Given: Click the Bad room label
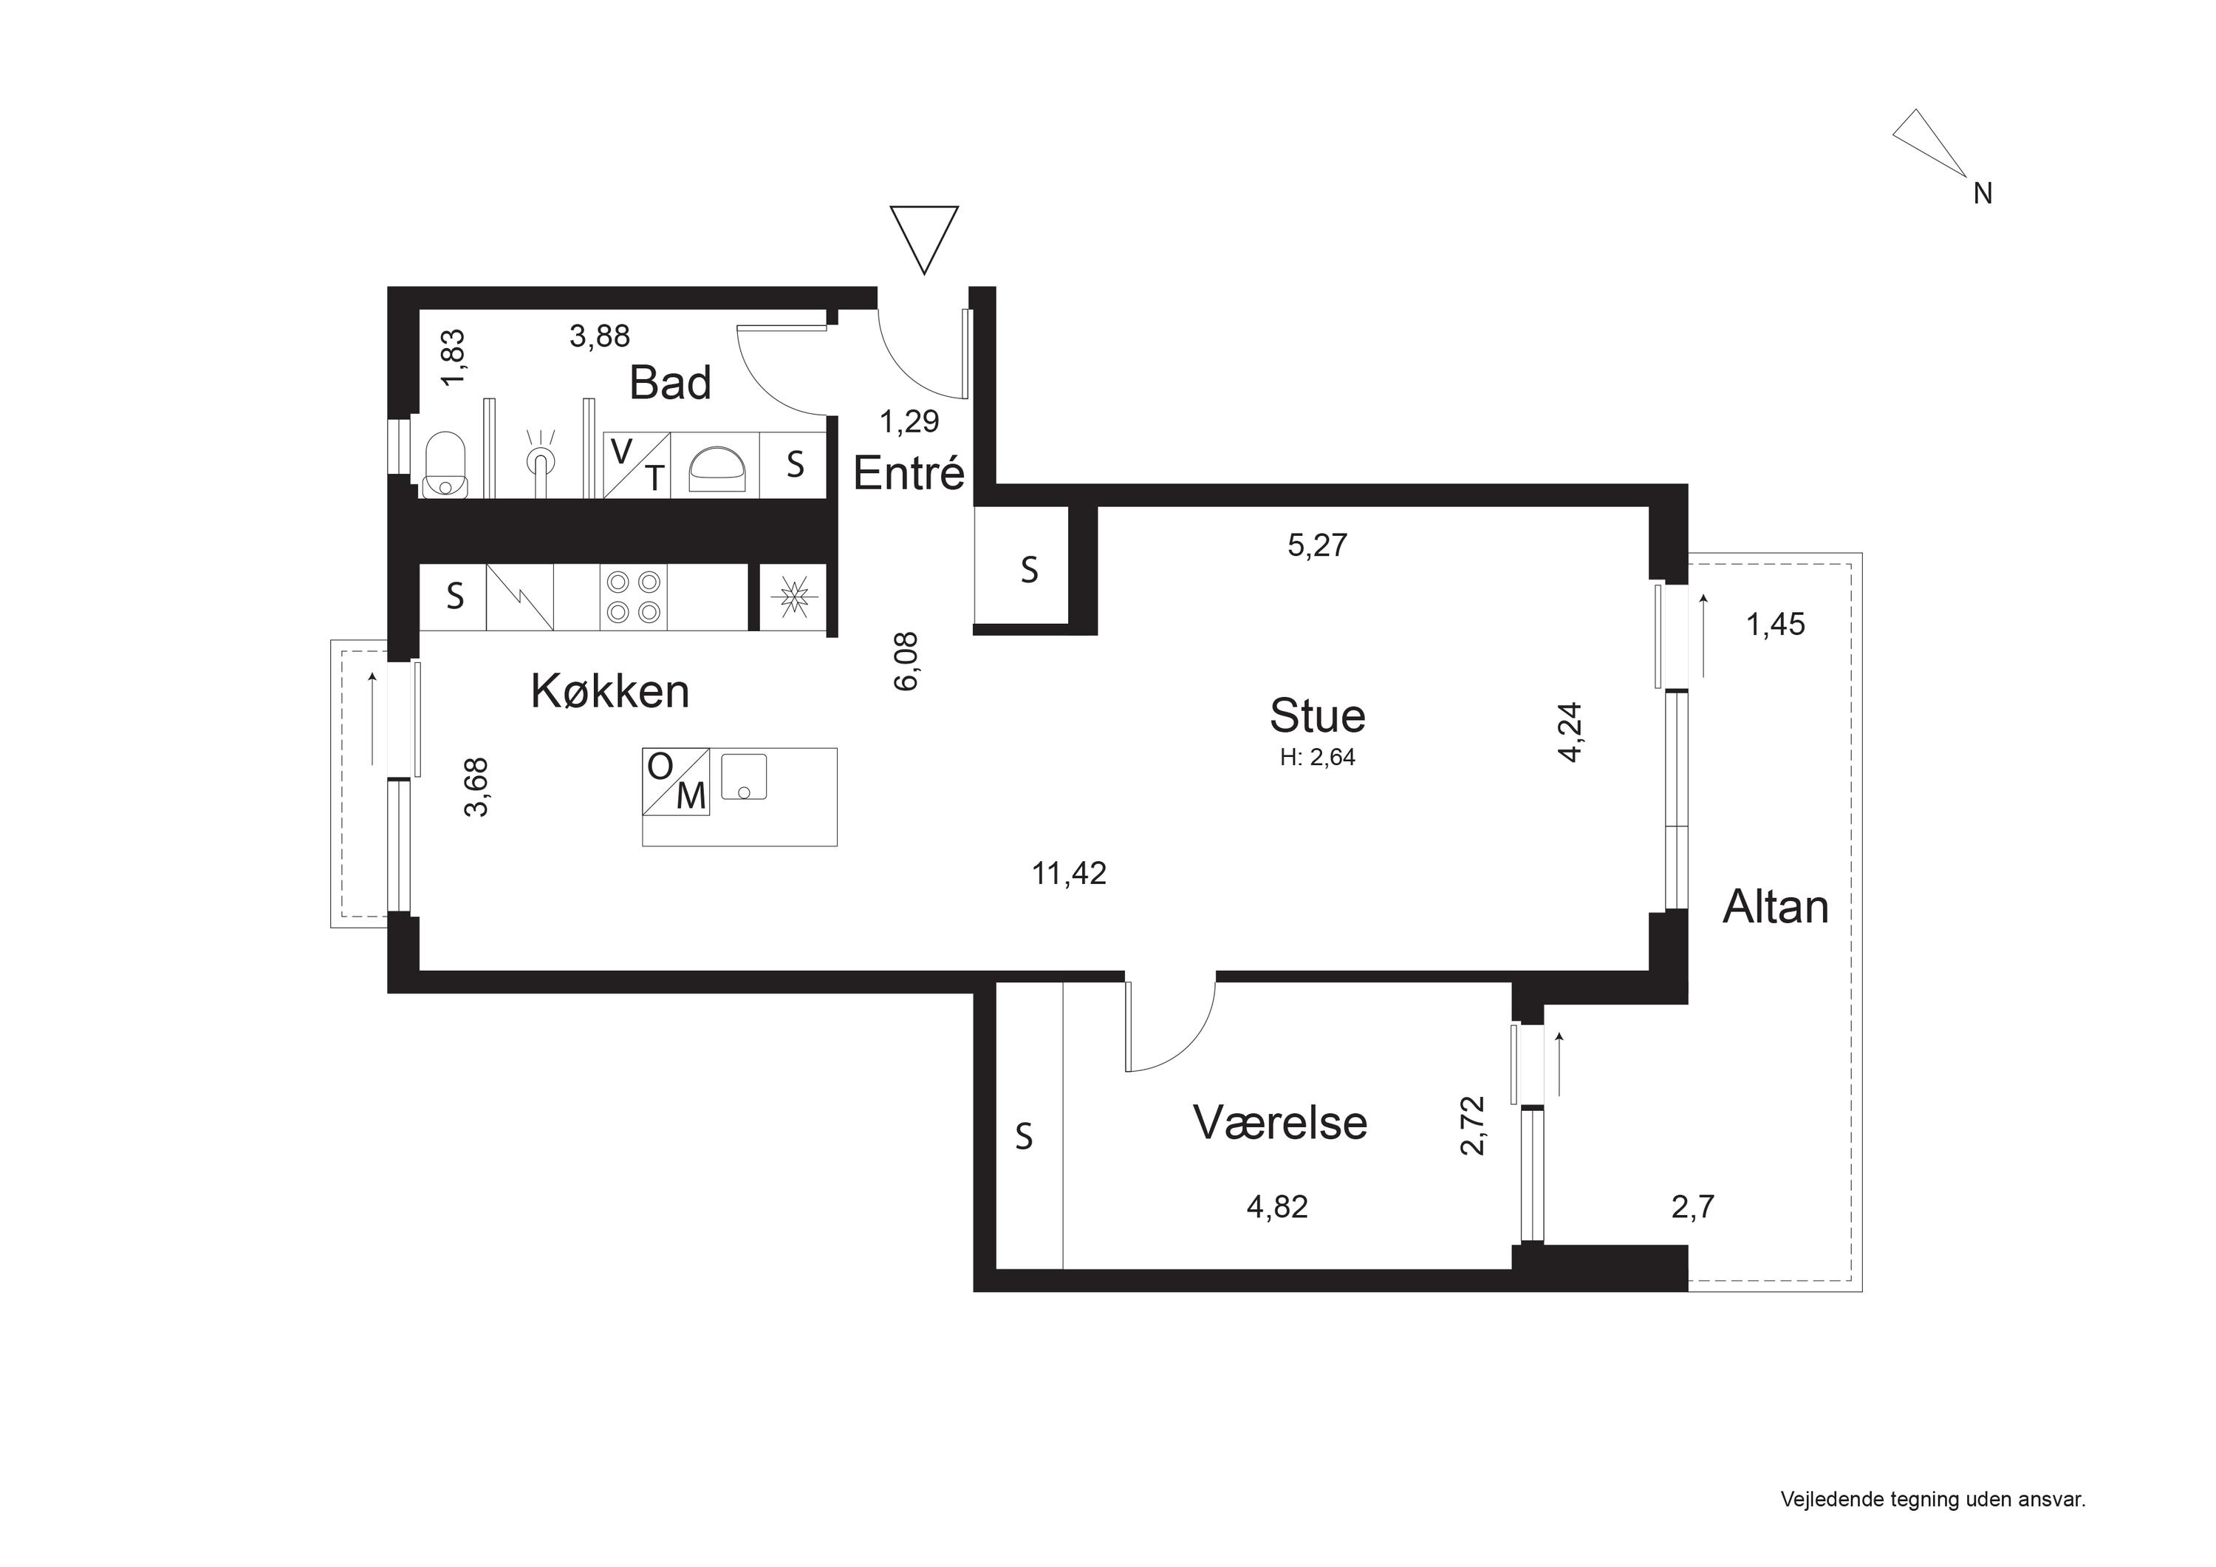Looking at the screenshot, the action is pos(670,384).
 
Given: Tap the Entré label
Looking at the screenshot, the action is pos(909,473).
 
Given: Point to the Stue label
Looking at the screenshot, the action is pos(1318,716).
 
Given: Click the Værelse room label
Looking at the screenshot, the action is pos(1280,1123).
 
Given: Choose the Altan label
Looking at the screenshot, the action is pos(1776,908).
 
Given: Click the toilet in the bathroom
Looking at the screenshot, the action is pos(446,463).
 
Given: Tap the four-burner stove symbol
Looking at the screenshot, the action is pos(633,596).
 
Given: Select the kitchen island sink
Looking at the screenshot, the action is pos(744,778).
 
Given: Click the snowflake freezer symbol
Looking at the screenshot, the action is pos(793,596).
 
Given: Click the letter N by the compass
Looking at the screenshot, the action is pos(1983,194).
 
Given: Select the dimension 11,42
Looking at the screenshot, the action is pos(1070,874).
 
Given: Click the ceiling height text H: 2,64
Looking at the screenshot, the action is pos(1318,758).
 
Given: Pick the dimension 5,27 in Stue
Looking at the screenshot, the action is pos(1318,545).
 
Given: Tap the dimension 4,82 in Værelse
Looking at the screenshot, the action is pos(1278,1207).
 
